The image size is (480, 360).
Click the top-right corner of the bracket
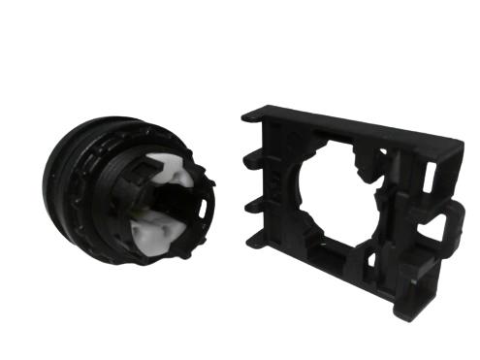pyautogui.click(x=460, y=147)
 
